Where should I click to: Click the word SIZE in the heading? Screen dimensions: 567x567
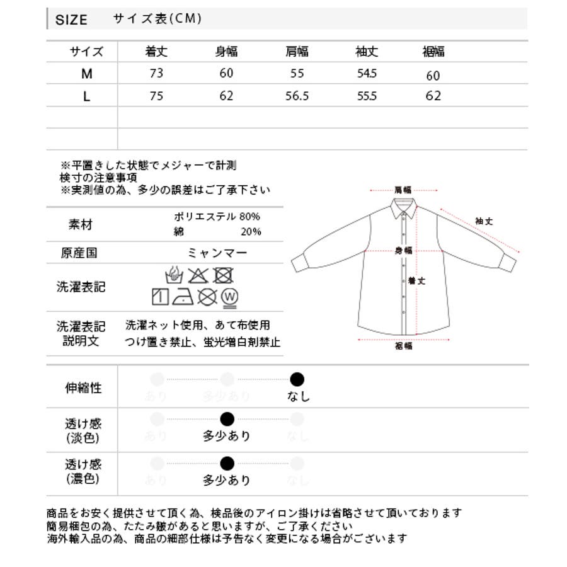point(71,20)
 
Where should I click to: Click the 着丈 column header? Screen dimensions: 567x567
point(156,52)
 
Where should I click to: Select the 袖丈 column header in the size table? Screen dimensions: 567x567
point(366,52)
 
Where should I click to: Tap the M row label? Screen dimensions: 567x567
point(87,74)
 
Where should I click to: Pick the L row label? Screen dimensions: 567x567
point(87,96)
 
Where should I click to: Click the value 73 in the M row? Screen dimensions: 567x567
point(156,73)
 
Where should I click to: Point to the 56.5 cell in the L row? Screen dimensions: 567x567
point(297,96)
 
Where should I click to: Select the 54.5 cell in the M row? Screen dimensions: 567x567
point(366,74)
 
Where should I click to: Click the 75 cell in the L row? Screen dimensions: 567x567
point(156,96)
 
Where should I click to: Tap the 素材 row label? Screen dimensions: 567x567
point(81,224)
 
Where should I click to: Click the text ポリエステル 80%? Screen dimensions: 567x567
point(217,217)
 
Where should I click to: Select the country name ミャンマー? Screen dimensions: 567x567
point(217,253)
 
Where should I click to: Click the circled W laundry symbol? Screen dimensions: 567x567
point(230,296)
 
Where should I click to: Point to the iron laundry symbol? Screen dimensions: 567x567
point(184,296)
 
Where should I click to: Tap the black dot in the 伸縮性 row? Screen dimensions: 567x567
point(297,379)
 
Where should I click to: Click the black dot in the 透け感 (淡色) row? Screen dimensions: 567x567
point(227,419)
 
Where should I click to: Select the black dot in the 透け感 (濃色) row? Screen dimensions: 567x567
point(227,464)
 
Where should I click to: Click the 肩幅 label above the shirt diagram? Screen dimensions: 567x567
point(403,189)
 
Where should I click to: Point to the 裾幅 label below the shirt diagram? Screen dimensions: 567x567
point(403,346)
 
